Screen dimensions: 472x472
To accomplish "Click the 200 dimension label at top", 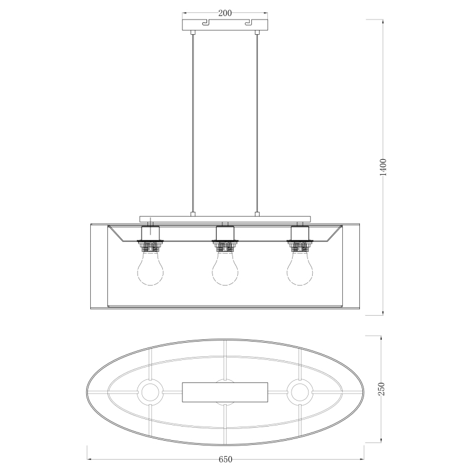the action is tap(225, 13).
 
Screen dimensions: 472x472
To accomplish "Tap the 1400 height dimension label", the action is tap(383, 167).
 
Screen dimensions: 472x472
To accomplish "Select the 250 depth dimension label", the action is tap(381, 389).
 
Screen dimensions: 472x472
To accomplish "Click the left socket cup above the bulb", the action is tap(150, 233).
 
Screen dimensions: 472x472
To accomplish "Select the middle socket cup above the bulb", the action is tap(225, 233).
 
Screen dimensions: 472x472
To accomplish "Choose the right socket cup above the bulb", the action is tap(300, 233).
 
